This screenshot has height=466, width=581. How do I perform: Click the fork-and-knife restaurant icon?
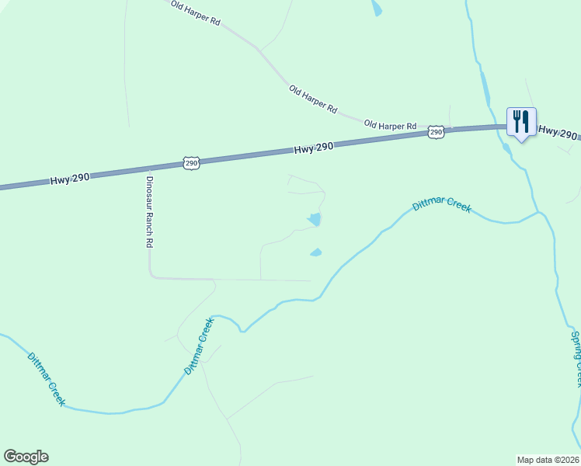point(521,122)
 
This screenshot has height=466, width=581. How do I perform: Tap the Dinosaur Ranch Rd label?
point(150,211)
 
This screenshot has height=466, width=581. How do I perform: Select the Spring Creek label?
point(576,359)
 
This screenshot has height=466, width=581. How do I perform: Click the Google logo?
point(26,457)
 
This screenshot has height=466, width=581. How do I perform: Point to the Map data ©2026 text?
point(548,459)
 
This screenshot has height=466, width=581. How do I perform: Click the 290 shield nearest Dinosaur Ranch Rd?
point(192,162)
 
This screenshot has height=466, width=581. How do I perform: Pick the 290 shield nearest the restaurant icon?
point(437,133)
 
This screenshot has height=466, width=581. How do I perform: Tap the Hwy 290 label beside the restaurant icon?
point(558,132)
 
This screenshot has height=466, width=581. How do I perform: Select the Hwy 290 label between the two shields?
point(314,148)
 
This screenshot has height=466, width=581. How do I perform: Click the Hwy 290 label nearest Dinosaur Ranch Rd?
point(71,178)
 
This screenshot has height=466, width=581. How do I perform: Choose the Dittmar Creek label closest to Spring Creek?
point(441,206)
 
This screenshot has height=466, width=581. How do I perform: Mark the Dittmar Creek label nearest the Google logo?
point(47,380)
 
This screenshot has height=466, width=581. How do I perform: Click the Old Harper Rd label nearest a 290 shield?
point(391,125)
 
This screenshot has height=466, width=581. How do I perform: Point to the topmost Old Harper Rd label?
point(196,13)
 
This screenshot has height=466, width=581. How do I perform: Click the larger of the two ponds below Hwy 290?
point(314,220)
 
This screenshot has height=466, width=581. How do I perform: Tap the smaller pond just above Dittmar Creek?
point(316,252)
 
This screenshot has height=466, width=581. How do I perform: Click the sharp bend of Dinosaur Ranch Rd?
point(151,275)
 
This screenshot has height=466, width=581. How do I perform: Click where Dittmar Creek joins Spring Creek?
point(538,212)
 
